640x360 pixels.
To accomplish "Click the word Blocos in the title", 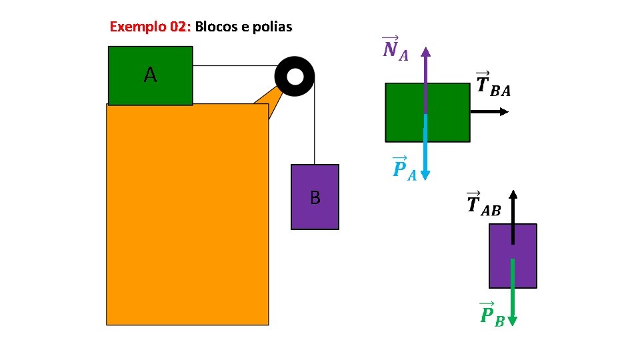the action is pyautogui.click(x=215, y=27).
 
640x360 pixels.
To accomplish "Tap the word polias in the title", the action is pyautogui.click(x=273, y=27).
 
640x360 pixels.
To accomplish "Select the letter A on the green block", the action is pyautogui.click(x=151, y=75).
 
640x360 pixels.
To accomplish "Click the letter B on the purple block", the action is pyautogui.click(x=315, y=197).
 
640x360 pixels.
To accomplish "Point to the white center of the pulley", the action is pyautogui.click(x=294, y=76).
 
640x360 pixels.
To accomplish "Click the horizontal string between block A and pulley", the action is pyautogui.click(x=233, y=66).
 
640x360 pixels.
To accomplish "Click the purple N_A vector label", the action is pyautogui.click(x=395, y=49).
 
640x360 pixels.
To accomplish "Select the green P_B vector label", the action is pyautogui.click(x=492, y=314).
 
